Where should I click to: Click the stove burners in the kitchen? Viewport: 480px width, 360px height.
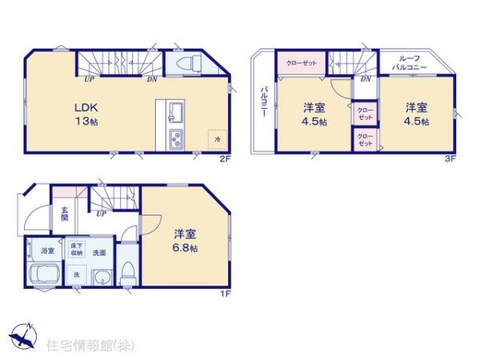tap(176, 138)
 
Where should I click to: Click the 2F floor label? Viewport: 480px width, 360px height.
tap(226, 158)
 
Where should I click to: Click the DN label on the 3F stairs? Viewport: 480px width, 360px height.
tap(366, 80)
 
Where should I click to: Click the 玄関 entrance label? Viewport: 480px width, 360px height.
tap(65, 214)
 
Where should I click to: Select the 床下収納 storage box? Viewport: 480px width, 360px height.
tap(77, 250)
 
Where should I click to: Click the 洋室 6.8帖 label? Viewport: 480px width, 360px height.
tap(186, 240)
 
